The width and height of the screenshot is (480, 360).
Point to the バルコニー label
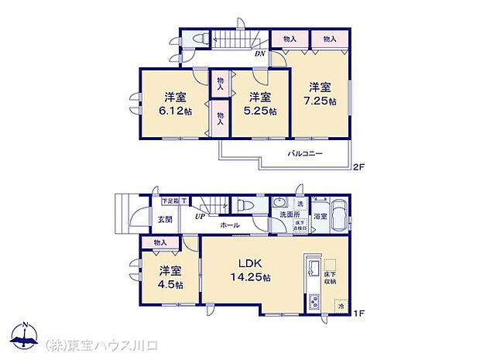(306, 153)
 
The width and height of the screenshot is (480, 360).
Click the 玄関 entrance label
(166, 218)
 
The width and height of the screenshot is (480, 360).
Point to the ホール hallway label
(229, 225)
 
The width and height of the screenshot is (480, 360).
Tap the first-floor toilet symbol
(245, 205)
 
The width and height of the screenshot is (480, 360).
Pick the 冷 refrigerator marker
(340, 307)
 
